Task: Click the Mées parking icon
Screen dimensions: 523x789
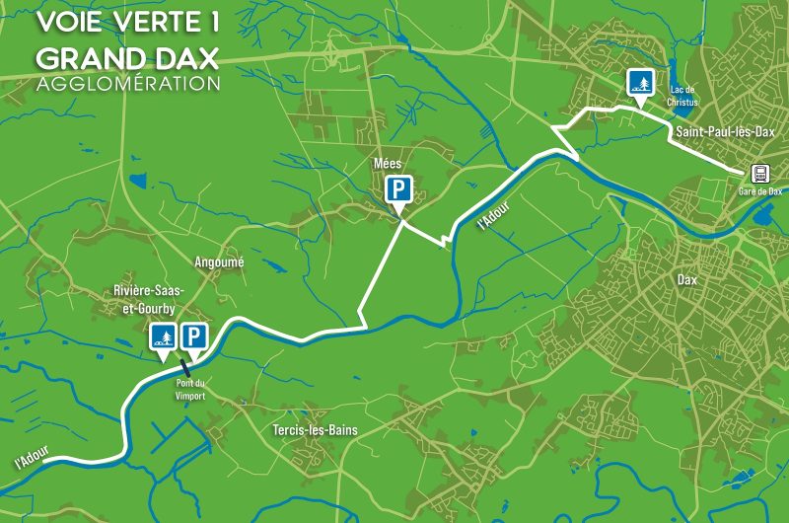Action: (x=397, y=189)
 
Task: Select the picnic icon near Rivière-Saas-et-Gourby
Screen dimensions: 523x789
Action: (x=163, y=337)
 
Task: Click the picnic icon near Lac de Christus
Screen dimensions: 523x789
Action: (x=642, y=83)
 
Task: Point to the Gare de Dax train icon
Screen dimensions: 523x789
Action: (x=759, y=173)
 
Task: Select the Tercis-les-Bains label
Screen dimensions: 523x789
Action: (x=315, y=431)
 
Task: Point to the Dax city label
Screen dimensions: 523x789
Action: (x=687, y=280)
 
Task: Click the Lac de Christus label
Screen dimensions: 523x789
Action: (x=681, y=95)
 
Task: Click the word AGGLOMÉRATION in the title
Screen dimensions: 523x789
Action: (x=127, y=84)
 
